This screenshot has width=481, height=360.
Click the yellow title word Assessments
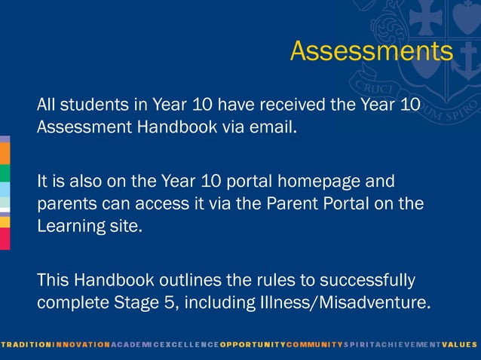(x=371, y=51)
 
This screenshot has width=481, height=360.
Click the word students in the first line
(x=92, y=105)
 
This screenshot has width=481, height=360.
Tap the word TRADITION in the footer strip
(x=26, y=344)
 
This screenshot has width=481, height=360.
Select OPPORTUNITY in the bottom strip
(x=253, y=344)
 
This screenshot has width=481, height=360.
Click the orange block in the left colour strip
(x=5, y=153)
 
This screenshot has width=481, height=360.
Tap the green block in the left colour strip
(x=5, y=173)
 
